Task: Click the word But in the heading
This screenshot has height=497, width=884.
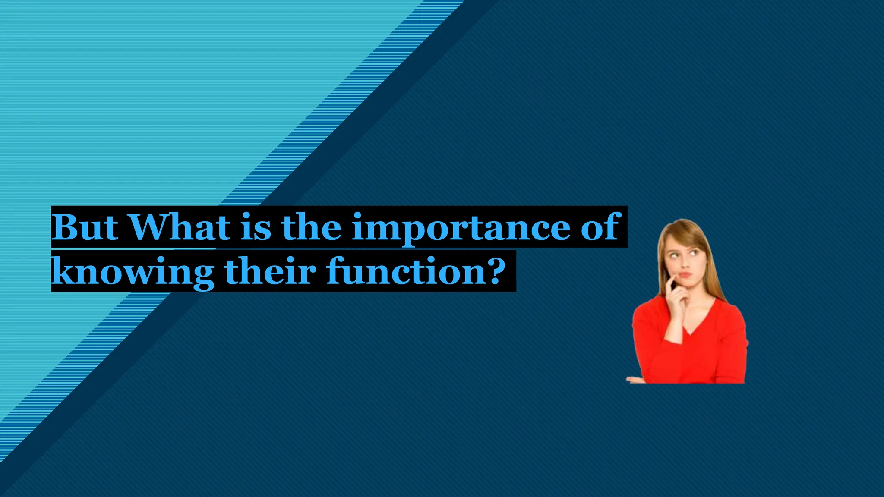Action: pyautogui.click(x=85, y=227)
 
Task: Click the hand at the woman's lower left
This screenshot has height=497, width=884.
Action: pyautogui.click(x=635, y=380)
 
